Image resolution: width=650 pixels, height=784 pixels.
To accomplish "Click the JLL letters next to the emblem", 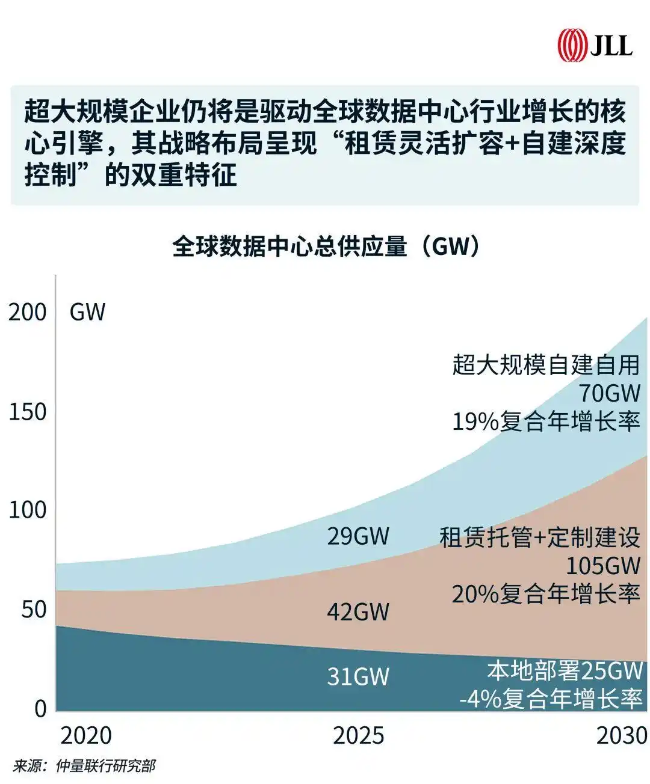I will coord(610,46).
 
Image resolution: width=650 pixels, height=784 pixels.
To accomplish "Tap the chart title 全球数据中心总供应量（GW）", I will coord(326,247).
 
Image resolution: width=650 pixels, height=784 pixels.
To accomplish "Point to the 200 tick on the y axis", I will coord(27,312).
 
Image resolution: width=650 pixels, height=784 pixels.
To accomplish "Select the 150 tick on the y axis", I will coord(27,412).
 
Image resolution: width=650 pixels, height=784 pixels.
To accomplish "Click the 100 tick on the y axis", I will coord(27,510).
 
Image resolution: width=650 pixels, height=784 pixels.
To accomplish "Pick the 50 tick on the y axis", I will coord(34,609).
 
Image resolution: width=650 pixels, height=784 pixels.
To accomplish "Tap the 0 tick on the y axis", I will coord(40,708).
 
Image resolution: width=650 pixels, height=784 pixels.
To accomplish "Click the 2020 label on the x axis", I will coord(86,735).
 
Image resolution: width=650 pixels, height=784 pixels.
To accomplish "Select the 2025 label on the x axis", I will coord(358,735).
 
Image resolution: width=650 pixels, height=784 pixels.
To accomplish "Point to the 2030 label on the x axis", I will coord(621,735).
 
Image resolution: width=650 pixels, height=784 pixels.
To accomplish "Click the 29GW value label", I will coord(358,536).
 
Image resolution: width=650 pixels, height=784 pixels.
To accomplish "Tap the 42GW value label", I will coord(358,612).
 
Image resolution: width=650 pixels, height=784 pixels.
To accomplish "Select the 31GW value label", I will coord(358,677).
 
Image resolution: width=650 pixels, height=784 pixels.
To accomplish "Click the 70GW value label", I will coord(609,393).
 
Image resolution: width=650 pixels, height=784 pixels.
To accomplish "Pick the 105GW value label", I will coord(602,566).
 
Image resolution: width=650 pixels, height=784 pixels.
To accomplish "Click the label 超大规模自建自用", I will coord(545,365).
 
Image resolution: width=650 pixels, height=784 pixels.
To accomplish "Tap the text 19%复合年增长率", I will coord(545,422).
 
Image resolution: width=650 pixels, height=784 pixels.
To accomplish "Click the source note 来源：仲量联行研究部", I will coord(84,766).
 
